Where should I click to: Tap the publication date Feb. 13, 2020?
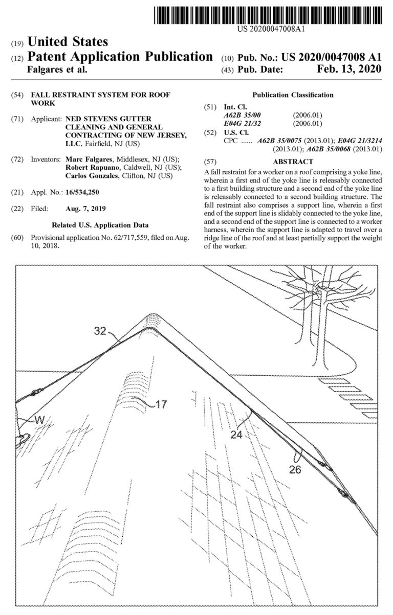tap(349, 70)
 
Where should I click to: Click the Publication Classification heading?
tap(293, 95)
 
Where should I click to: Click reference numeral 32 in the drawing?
tap(101, 331)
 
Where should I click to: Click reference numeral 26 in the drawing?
tap(295, 469)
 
